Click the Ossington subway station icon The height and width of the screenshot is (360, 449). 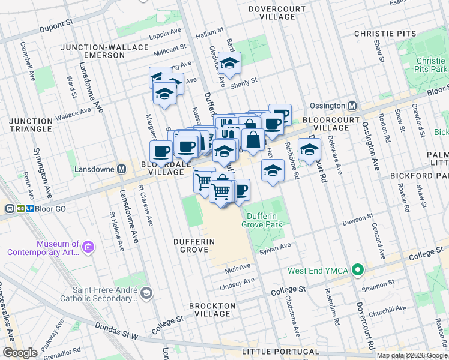click(x=352, y=106)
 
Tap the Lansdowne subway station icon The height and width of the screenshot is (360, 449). click(x=121, y=169)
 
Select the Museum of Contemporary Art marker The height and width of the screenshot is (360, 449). click(x=88, y=247)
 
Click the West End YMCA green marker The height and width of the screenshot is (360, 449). click(x=358, y=271)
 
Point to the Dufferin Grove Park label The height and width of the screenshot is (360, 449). click(x=262, y=219)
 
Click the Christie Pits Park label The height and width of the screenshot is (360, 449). click(x=430, y=65)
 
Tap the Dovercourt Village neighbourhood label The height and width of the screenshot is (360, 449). click(x=272, y=13)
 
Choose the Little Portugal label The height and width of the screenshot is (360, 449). click(x=280, y=351)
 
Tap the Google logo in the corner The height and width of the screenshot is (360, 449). click(x=20, y=353)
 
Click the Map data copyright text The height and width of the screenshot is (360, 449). click(x=412, y=355)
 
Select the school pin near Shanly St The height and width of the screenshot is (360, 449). click(x=229, y=63)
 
